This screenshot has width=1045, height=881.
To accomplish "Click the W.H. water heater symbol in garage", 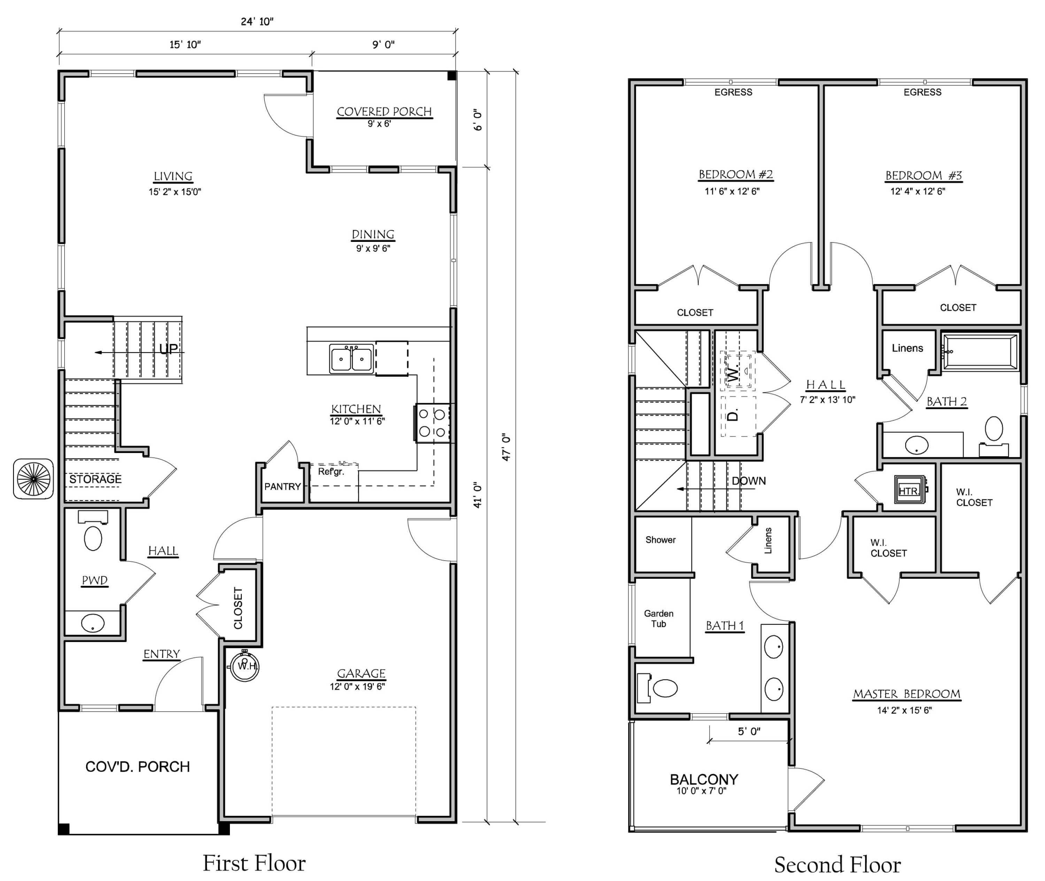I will [x=245, y=666].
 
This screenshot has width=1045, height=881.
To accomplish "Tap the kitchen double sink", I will [x=351, y=359].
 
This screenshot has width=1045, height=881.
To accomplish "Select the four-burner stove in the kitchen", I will [x=432, y=422].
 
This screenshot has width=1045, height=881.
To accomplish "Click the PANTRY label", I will [x=282, y=487].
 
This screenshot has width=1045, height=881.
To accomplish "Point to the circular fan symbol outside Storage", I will [x=33, y=478].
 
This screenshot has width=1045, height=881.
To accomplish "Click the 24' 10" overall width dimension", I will [x=257, y=22].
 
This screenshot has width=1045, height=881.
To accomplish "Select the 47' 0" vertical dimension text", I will [x=506, y=447].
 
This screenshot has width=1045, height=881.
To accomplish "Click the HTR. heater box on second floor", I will [x=908, y=490].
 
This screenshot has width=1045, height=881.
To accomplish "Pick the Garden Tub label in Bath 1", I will [x=659, y=618].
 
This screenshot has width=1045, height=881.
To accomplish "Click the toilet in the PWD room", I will [x=93, y=534].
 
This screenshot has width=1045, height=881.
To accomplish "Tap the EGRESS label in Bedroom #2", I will [x=733, y=92].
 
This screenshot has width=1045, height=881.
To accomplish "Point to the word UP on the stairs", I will [x=168, y=348].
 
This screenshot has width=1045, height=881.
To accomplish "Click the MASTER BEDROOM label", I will [x=906, y=694].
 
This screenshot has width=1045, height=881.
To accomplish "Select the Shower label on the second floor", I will [x=660, y=540].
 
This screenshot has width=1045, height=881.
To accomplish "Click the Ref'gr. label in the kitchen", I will [x=331, y=472].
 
